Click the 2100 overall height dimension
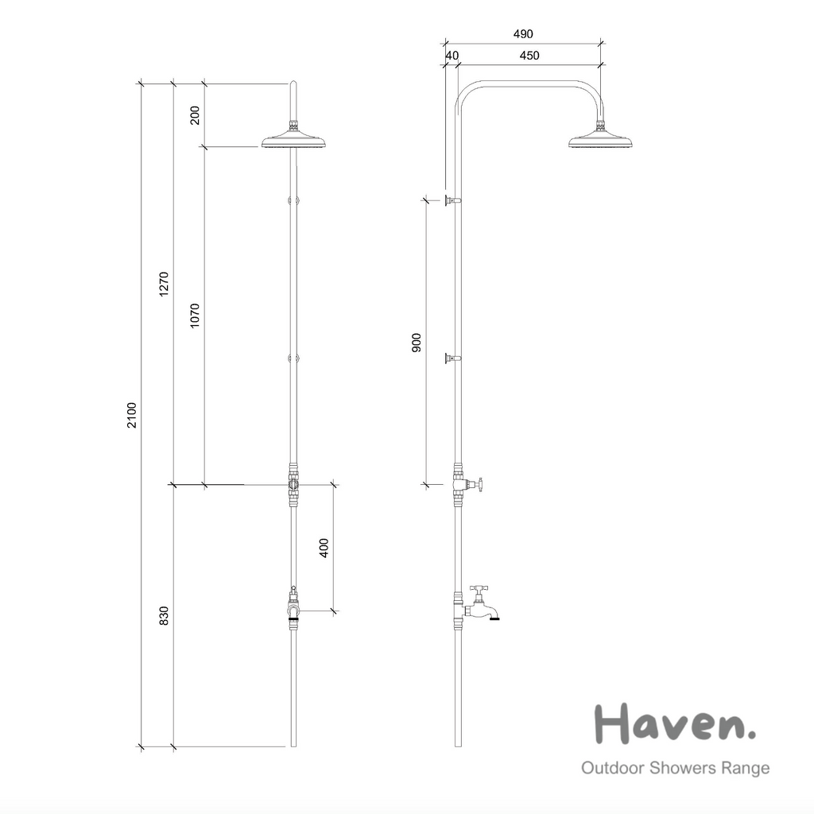point(133,415)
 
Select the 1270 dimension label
point(165,284)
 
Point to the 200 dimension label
point(196,115)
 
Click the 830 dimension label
point(165,616)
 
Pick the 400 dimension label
point(324,548)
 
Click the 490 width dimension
point(522,33)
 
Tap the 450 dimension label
point(529,55)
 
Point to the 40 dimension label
point(452,55)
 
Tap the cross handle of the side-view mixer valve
point(478,483)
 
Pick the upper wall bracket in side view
point(451,200)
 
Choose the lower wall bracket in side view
point(451,359)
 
